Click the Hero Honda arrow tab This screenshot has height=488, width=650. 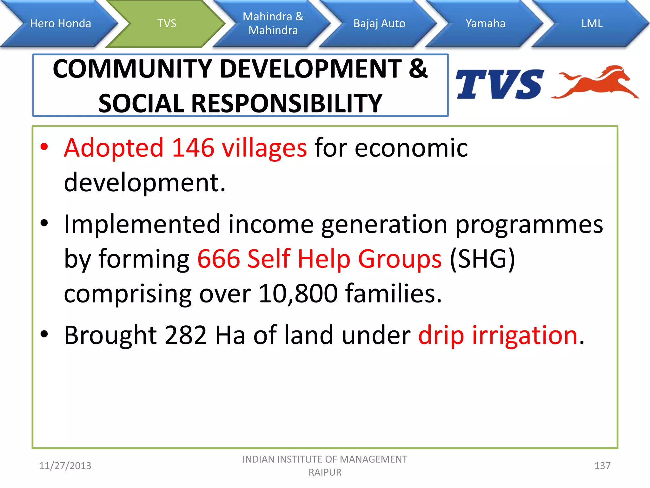coord(60,24)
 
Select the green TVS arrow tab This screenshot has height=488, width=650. coord(167,24)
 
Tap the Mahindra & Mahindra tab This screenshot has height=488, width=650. coord(273,24)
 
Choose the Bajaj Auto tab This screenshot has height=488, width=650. coord(379,24)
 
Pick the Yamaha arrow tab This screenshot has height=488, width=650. coord(485,24)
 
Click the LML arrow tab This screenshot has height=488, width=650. coord(592,24)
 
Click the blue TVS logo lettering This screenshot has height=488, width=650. coord(499,85)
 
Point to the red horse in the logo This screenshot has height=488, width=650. coord(597,83)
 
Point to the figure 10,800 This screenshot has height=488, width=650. coord(298,293)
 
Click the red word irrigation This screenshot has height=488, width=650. coord(524,335)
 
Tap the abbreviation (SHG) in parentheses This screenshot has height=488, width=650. coord(482,259)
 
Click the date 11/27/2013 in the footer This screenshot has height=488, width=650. coord(65,466)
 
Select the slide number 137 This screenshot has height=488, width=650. coord(602,466)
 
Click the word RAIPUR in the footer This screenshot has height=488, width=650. coord(325,472)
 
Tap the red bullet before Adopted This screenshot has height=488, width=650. coord(44,147)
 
